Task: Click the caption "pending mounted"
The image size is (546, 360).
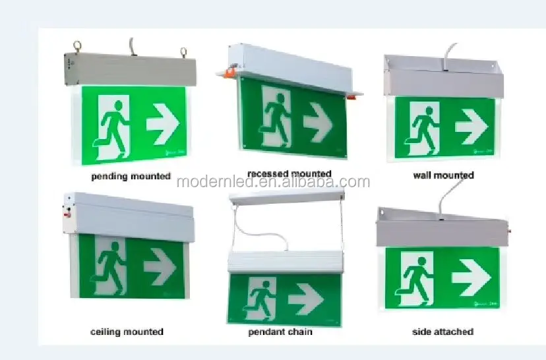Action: tap(131, 177)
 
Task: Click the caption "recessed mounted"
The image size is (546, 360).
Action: tap(289, 174)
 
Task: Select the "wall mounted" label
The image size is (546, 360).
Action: tap(443, 175)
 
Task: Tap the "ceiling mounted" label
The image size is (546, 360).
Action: tap(127, 332)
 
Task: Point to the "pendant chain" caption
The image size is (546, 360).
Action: tap(280, 332)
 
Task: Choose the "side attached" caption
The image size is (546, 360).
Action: tap(442, 332)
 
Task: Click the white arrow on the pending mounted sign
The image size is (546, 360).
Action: tap(163, 123)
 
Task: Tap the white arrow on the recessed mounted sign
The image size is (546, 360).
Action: tap(318, 123)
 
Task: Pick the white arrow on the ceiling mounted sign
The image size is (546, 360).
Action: tap(160, 267)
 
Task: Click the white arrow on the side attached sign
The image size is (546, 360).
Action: tap(471, 278)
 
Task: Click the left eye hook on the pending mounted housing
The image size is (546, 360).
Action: tap(77, 47)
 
